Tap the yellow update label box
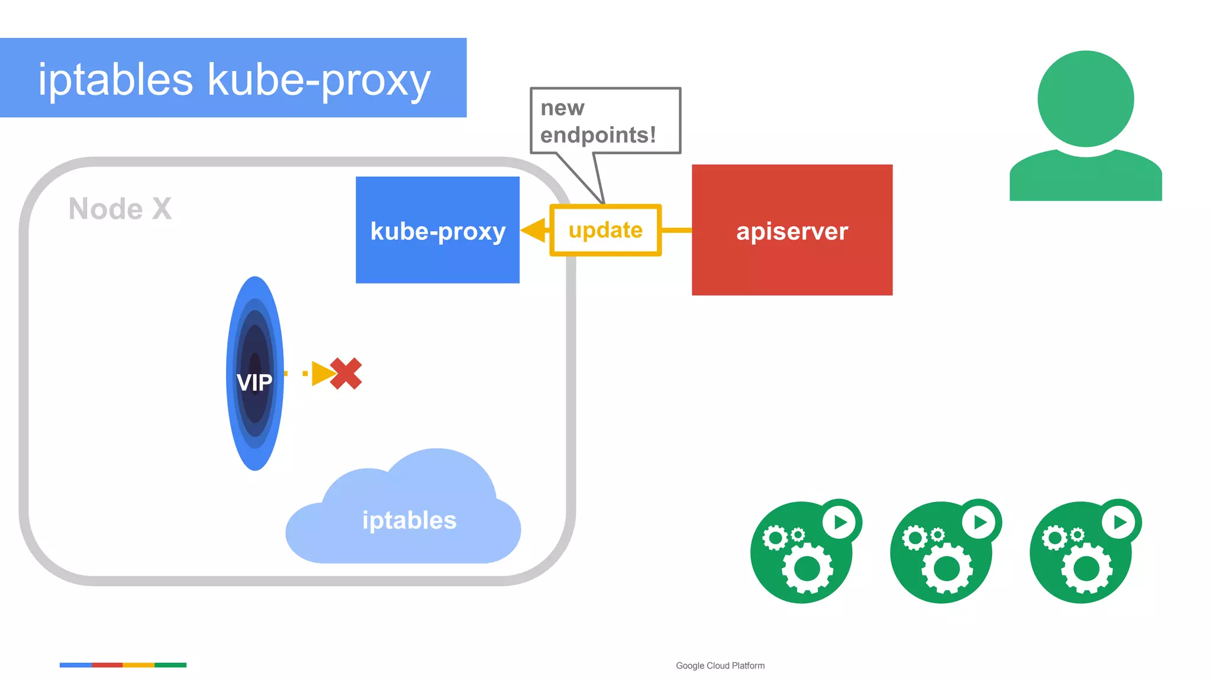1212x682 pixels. pos(605,230)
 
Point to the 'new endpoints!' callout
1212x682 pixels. pos(605,121)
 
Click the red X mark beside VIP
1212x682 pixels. pos(346,374)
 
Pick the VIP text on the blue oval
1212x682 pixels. pos(254,383)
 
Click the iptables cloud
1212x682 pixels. pos(408,520)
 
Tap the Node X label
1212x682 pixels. pos(120,209)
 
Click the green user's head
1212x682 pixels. pos(1085,99)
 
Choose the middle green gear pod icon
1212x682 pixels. pos(941,554)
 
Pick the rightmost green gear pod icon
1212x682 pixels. pos(1081,554)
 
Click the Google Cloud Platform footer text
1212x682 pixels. pos(720,665)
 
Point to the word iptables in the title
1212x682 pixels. pos(115,79)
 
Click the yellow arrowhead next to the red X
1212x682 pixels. pos(322,374)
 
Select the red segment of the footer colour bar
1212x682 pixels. pos(107,665)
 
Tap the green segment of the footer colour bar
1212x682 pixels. pos(170,665)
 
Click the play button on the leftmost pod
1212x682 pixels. pos(840,522)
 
